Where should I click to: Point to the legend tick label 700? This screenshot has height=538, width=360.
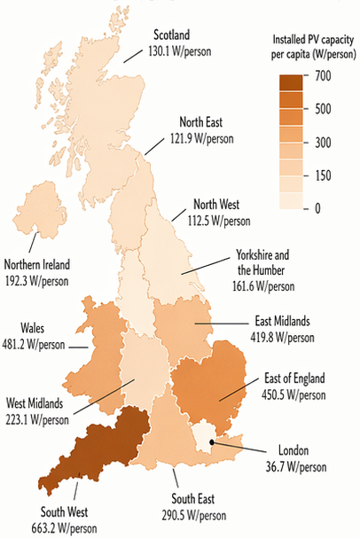[323, 76]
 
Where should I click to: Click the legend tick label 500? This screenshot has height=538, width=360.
[323, 109]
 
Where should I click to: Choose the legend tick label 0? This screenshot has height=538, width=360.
[318, 208]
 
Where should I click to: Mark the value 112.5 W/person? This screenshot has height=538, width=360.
[223, 221]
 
